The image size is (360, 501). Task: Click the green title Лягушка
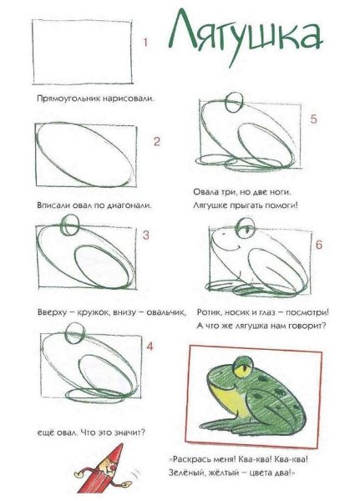(245, 37)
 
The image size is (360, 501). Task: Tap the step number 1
(145, 43)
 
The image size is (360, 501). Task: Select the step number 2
(157, 141)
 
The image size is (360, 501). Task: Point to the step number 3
(146, 235)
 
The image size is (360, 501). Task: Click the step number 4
(150, 347)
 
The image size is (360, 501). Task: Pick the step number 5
(313, 119)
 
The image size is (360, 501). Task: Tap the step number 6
(319, 245)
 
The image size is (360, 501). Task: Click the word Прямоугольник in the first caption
(68, 99)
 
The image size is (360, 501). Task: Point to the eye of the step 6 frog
(246, 228)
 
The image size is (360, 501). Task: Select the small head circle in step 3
(69, 225)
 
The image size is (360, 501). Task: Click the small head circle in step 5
(235, 103)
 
